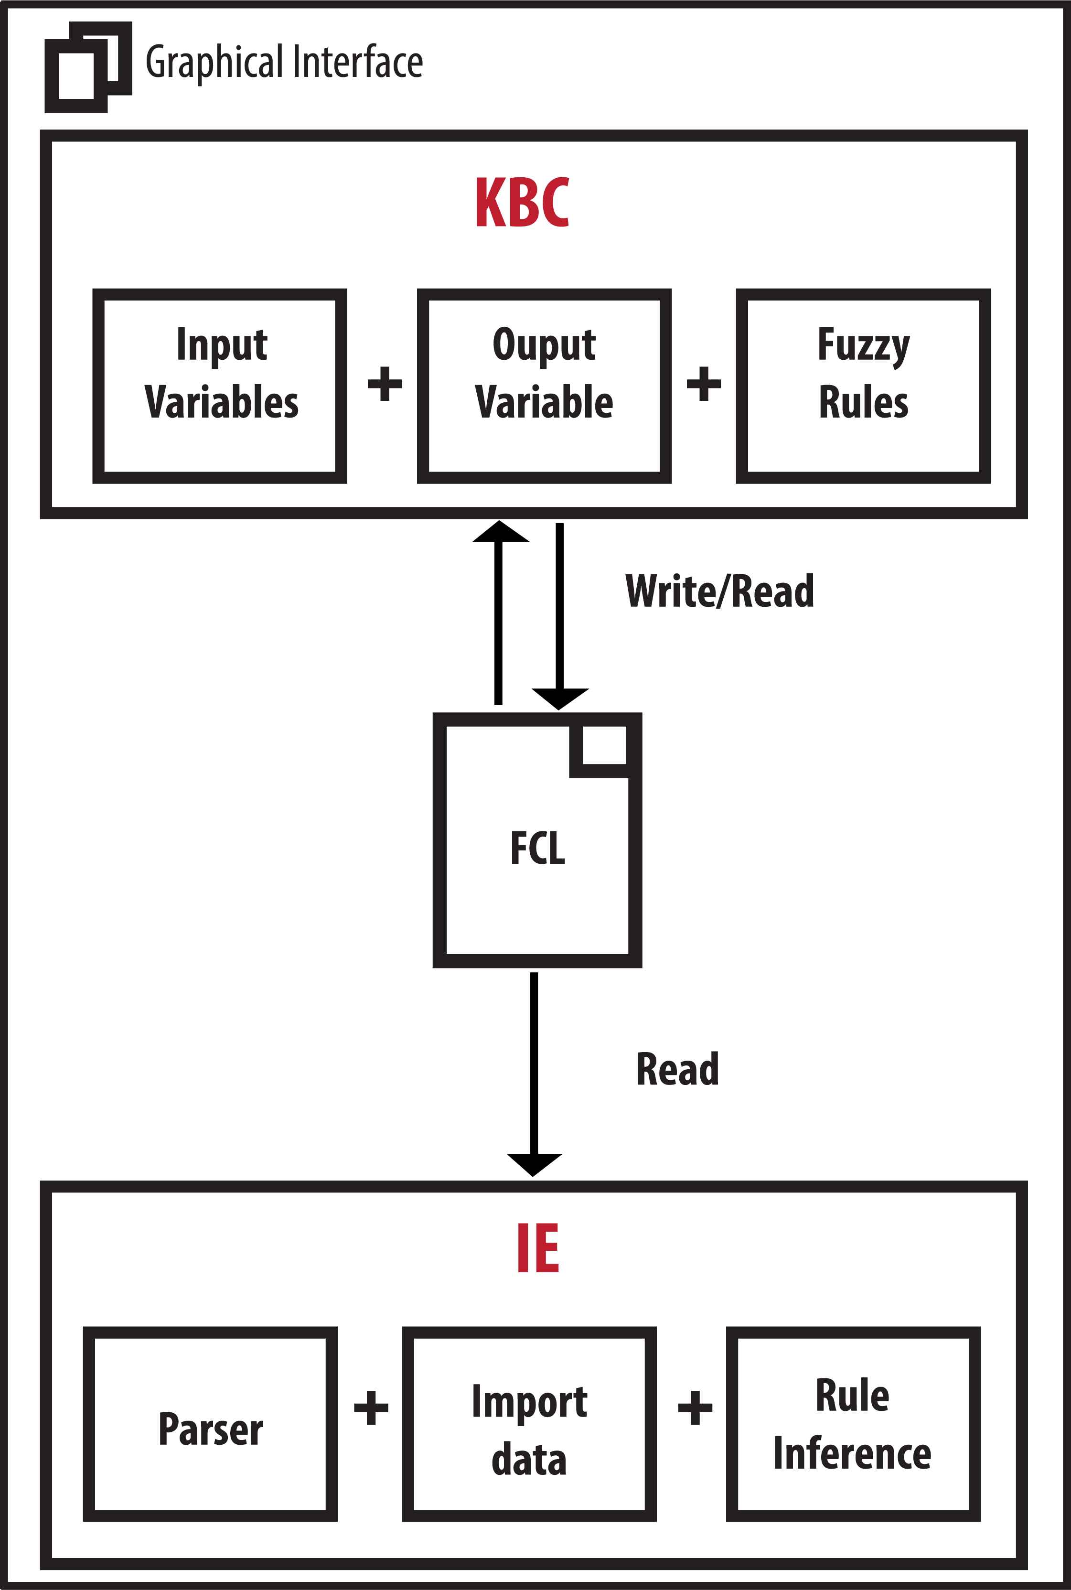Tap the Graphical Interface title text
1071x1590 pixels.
pyautogui.click(x=284, y=62)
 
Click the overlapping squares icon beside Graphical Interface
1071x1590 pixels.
pyautogui.click(x=87, y=67)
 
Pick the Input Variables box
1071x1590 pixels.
pyautogui.click(x=220, y=386)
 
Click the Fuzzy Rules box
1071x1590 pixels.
pyautogui.click(x=863, y=386)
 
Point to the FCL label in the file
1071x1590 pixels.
pyautogui.click(x=537, y=849)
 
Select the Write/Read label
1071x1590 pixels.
pyautogui.click(x=719, y=591)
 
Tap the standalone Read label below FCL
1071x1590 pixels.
pyautogui.click(x=677, y=1070)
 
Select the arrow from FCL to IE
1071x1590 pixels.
pyautogui.click(x=534, y=1072)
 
